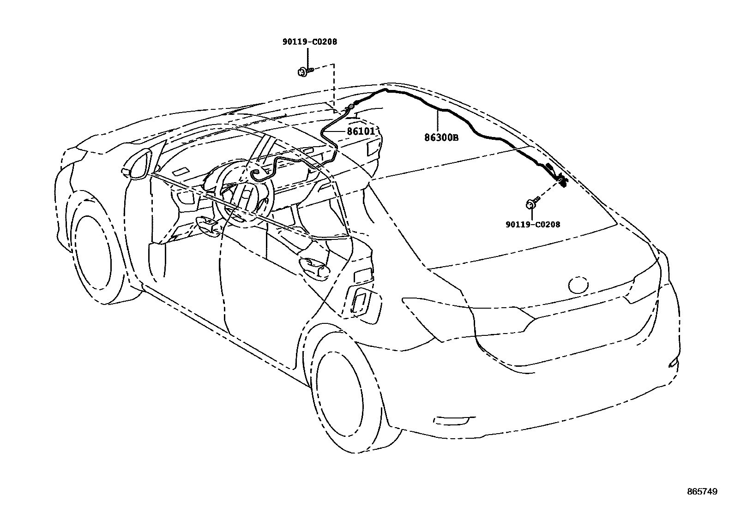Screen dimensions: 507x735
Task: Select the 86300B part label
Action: [x=441, y=137]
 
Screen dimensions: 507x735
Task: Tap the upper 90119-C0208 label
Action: [x=310, y=42]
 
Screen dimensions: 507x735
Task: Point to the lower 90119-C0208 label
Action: [x=533, y=224]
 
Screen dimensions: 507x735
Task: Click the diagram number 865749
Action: [x=702, y=492]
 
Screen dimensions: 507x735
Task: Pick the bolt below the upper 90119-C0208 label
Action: [x=305, y=72]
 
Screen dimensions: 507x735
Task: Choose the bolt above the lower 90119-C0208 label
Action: [x=532, y=203]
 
